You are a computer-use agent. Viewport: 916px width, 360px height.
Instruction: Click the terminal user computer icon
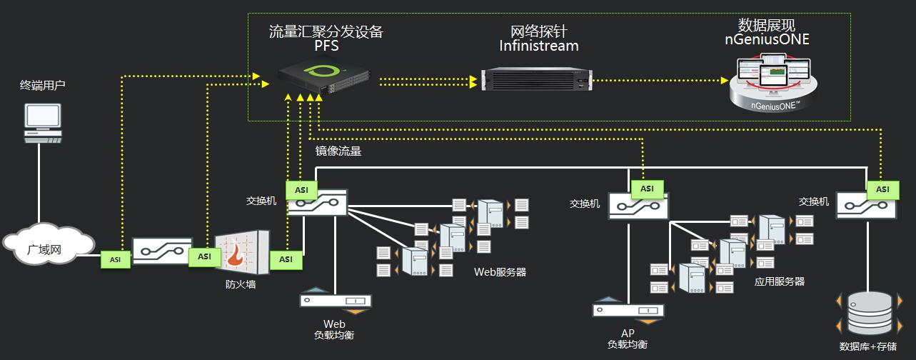43,124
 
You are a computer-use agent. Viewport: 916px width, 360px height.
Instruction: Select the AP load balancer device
628,311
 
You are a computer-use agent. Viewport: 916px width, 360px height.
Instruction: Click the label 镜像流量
338,151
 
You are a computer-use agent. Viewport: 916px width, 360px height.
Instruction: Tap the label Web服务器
500,272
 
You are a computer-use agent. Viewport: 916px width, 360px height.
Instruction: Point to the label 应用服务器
779,281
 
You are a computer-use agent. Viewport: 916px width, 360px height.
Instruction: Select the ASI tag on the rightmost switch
882,189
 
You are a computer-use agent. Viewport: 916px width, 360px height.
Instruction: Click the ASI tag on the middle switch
647,189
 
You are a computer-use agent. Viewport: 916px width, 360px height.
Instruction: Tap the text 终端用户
43,86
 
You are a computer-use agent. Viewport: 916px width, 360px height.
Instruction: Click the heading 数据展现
766,25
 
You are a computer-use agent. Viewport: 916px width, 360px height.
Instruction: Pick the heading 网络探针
539,31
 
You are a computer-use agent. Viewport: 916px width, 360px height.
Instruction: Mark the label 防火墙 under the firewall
241,284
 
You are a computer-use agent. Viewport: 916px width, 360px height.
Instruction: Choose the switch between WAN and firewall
162,251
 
